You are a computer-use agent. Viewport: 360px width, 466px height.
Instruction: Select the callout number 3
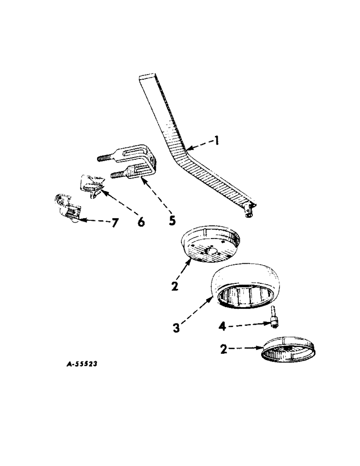(176, 328)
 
